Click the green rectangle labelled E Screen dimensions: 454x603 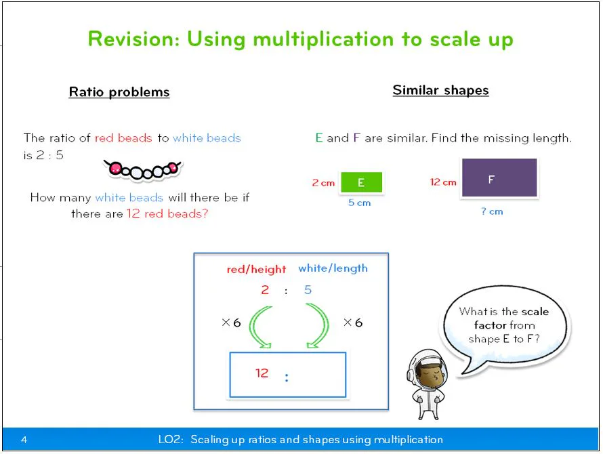[x=361, y=182]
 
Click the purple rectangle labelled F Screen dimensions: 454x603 [x=499, y=178]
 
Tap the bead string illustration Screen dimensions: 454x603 [x=143, y=169]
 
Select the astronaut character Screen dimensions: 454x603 [x=426, y=384]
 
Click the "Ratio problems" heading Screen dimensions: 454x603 [x=119, y=92]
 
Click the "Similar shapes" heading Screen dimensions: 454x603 [x=440, y=90]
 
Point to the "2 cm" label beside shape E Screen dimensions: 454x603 [x=323, y=183]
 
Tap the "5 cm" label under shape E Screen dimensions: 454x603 [x=360, y=203]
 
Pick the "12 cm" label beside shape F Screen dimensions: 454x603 [x=443, y=182]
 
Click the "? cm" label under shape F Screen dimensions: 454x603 [x=493, y=211]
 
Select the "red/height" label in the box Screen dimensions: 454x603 [x=256, y=269]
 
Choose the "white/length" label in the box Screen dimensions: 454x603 [x=333, y=268]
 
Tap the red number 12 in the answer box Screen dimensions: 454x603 [x=262, y=373]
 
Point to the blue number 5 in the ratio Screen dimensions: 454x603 [x=308, y=290]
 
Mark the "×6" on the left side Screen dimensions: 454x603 [x=231, y=323]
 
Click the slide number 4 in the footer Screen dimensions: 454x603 [x=24, y=440]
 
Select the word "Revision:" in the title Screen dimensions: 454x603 [x=133, y=39]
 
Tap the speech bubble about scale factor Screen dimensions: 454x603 [x=503, y=325]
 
